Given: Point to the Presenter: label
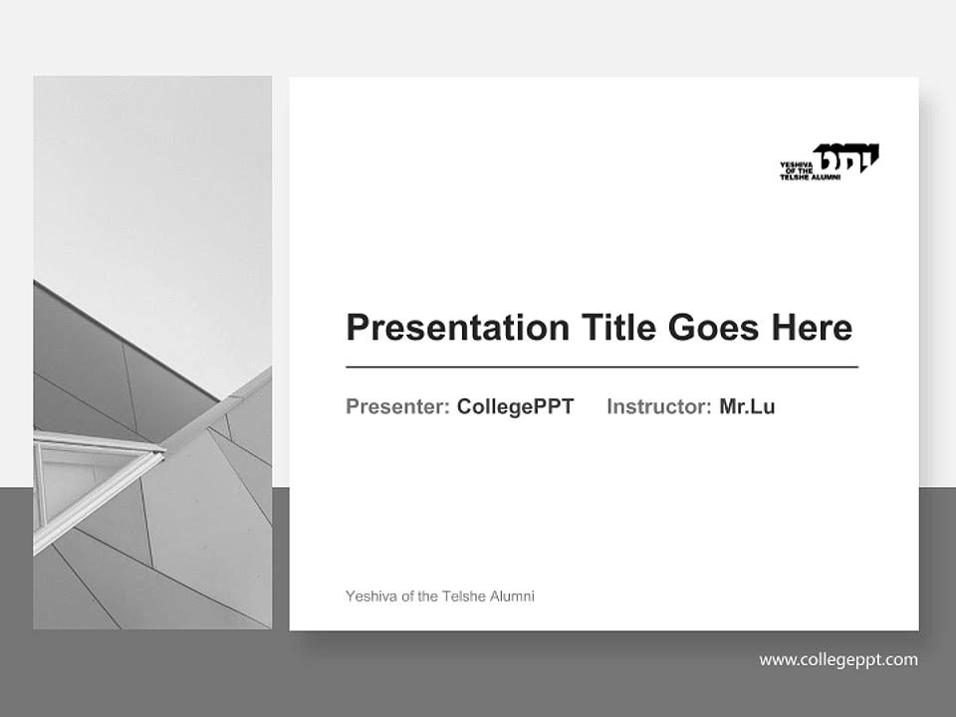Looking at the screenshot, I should [x=397, y=406].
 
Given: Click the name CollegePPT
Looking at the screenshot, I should [x=515, y=406].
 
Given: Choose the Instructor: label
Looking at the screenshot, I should [x=658, y=406].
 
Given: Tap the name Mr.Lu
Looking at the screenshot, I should [x=747, y=406].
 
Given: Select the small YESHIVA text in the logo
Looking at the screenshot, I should [x=797, y=164].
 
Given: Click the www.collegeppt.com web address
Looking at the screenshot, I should [x=838, y=659].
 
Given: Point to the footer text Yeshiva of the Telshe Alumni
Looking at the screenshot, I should [x=439, y=597].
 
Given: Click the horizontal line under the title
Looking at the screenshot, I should [x=601, y=367].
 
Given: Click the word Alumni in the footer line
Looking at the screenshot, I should [x=512, y=597].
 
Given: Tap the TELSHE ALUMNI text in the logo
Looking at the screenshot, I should [x=811, y=177].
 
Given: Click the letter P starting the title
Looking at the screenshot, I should [x=357, y=328].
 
